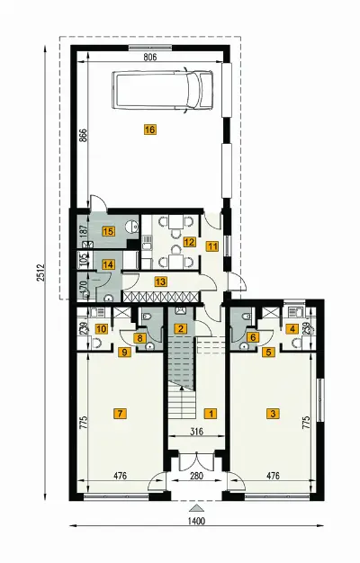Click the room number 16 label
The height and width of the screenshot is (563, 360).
pos(149,130)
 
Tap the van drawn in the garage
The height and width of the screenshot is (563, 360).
pos(162,90)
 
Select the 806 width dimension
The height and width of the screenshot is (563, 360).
pos(149,57)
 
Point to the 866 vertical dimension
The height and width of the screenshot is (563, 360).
pos(83,137)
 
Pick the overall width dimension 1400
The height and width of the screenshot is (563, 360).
pos(196,521)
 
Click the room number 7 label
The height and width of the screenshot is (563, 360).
pos(120,414)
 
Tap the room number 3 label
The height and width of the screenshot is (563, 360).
pos(273,414)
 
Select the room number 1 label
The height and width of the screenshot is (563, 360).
pos(211,414)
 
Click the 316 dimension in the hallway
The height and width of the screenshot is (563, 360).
pos(196,432)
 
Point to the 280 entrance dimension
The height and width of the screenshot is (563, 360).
pos(196,476)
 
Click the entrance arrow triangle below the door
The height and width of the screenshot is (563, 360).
pos(196,508)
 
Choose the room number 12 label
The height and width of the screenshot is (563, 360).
pos(189,242)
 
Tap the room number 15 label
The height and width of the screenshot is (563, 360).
pos(108,231)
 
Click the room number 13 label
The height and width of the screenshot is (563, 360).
pos(160,281)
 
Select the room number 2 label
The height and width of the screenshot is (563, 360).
pos(180,328)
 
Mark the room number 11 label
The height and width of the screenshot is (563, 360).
pos(212,246)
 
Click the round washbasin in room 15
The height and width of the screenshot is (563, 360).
pos(132,227)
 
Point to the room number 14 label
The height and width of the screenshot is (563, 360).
pos(108,265)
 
